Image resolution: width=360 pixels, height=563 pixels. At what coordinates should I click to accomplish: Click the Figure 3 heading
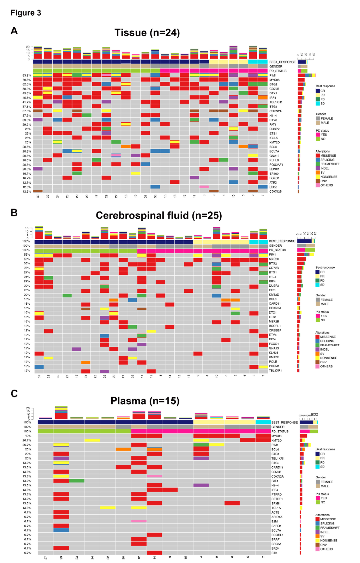[26, 13]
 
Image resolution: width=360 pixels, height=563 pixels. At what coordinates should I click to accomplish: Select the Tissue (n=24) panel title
[147, 33]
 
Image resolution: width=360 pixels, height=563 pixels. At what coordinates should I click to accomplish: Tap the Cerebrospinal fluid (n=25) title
[159, 215]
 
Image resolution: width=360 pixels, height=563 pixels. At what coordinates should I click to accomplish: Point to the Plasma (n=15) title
[145, 401]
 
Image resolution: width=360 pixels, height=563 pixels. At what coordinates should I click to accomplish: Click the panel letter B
[14, 212]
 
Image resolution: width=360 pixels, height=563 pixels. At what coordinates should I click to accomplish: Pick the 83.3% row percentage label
[27, 76]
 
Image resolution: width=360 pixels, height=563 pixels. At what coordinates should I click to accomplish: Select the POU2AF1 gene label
[276, 165]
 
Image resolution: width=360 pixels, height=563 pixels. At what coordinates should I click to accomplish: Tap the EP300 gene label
[274, 174]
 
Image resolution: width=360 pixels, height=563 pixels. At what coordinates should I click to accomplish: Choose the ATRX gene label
[273, 183]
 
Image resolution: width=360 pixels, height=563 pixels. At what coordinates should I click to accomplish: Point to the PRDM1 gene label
[274, 366]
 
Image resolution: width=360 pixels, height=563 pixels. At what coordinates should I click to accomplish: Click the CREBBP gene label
[275, 330]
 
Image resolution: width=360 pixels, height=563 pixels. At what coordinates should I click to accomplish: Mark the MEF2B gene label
[274, 322]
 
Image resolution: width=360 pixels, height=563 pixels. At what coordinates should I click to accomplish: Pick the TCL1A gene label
[276, 508]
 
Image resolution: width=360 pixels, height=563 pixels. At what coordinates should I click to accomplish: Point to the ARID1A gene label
[277, 517]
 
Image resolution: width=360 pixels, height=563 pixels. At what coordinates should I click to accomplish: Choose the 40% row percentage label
[28, 436]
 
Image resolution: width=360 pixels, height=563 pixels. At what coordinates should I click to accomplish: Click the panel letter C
[14, 394]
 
